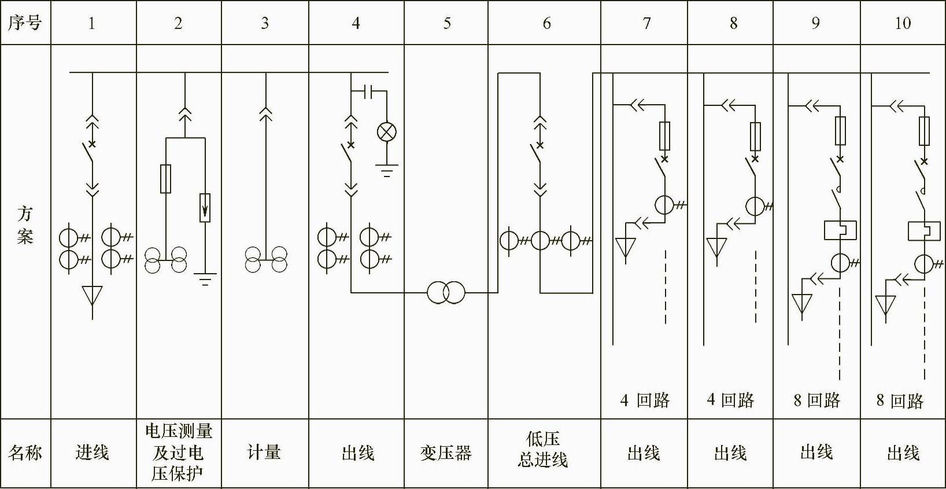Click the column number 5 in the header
[x=446, y=23]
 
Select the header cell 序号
[x=25, y=23]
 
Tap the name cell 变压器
[x=446, y=453]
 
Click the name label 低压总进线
[x=543, y=449]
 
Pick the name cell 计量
[x=264, y=452]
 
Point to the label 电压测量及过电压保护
[x=178, y=452]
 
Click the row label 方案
[x=25, y=225]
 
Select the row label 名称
[x=25, y=453]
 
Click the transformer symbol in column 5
[x=446, y=292]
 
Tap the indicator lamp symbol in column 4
[x=387, y=132]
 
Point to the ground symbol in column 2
[x=205, y=280]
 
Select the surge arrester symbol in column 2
[x=205, y=208]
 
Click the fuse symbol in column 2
[x=166, y=178]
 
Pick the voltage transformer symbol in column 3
[x=266, y=260]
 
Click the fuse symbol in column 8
[x=755, y=137]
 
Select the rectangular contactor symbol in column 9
[x=840, y=230]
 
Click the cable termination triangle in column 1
[x=93, y=295]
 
